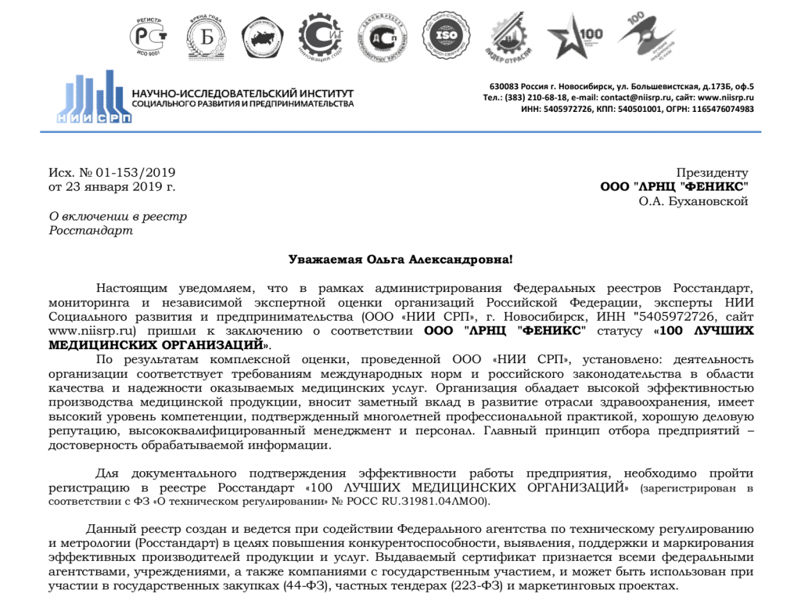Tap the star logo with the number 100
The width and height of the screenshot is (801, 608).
pyautogui.click(x=577, y=36)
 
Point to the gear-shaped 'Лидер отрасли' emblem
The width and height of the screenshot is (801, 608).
pyautogui.click(x=515, y=36)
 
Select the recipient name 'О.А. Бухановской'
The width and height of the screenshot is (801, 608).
pyautogui.click(x=693, y=201)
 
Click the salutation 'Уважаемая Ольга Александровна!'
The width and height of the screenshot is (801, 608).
pyautogui.click(x=400, y=259)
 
